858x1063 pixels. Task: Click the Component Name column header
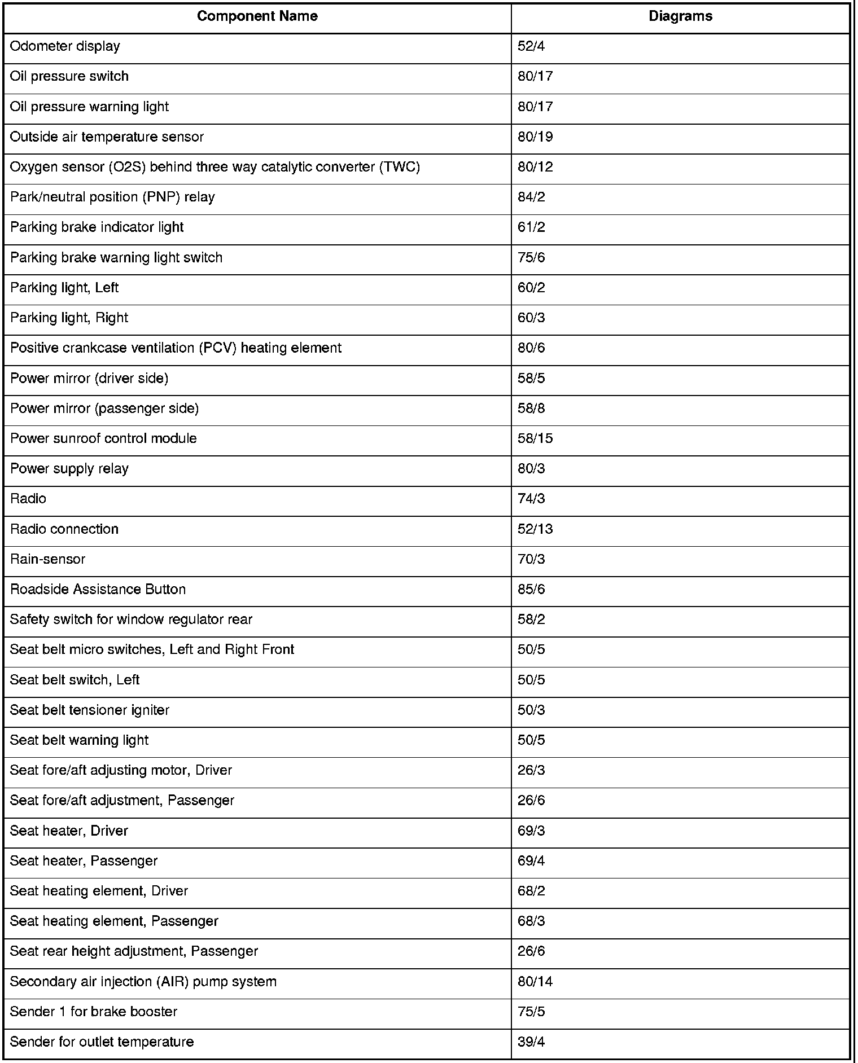[257, 16]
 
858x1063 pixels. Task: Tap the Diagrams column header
[680, 16]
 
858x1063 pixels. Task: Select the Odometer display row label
[65, 46]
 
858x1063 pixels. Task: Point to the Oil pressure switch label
[69, 77]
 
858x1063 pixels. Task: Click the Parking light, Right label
[69, 318]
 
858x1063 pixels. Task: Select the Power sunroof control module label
[103, 439]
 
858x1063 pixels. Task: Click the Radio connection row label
[64, 529]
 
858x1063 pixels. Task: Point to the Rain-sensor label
[47, 560]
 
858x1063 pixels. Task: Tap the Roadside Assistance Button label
[98, 590]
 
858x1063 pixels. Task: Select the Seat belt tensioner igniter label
[90, 710]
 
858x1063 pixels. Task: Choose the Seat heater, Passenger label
[84, 861]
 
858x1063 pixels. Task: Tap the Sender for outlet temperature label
[102, 1042]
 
